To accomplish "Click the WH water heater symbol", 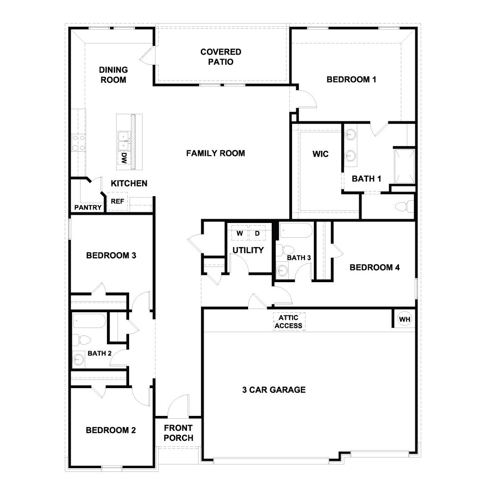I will (x=404, y=319).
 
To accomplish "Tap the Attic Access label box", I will (x=288, y=322).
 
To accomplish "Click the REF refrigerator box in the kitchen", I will (x=117, y=202).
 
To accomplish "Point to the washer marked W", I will (x=240, y=234).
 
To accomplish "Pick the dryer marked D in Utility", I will (x=257, y=234).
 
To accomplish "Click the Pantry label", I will (x=88, y=208).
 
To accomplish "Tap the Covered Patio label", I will (x=221, y=57).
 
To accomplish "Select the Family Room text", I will (x=215, y=153).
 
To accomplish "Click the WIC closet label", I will (x=320, y=154).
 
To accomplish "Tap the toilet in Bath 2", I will (x=82, y=340).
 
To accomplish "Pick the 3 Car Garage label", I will (x=274, y=390).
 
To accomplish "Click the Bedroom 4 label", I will (x=374, y=267).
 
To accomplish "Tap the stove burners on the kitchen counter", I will (x=78, y=142).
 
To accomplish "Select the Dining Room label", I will (x=113, y=75).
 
